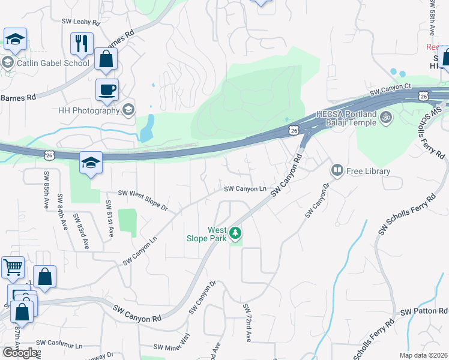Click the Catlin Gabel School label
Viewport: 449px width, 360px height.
[x=53, y=62]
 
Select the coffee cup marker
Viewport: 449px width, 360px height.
[x=107, y=90]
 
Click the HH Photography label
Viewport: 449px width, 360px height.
[x=89, y=110]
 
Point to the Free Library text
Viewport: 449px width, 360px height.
[x=369, y=171]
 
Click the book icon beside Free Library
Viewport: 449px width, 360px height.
[x=337, y=171]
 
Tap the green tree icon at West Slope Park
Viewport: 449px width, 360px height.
[x=237, y=232]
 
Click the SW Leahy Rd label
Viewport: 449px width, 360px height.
[x=80, y=22]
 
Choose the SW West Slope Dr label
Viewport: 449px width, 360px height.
[x=143, y=199]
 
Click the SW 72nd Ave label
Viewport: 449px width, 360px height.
[x=246, y=323]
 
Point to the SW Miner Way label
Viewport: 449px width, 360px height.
[x=172, y=344]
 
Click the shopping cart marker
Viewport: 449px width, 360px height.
[x=13, y=267]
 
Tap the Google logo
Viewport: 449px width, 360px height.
[x=20, y=352]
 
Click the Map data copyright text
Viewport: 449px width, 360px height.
[x=424, y=355]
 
